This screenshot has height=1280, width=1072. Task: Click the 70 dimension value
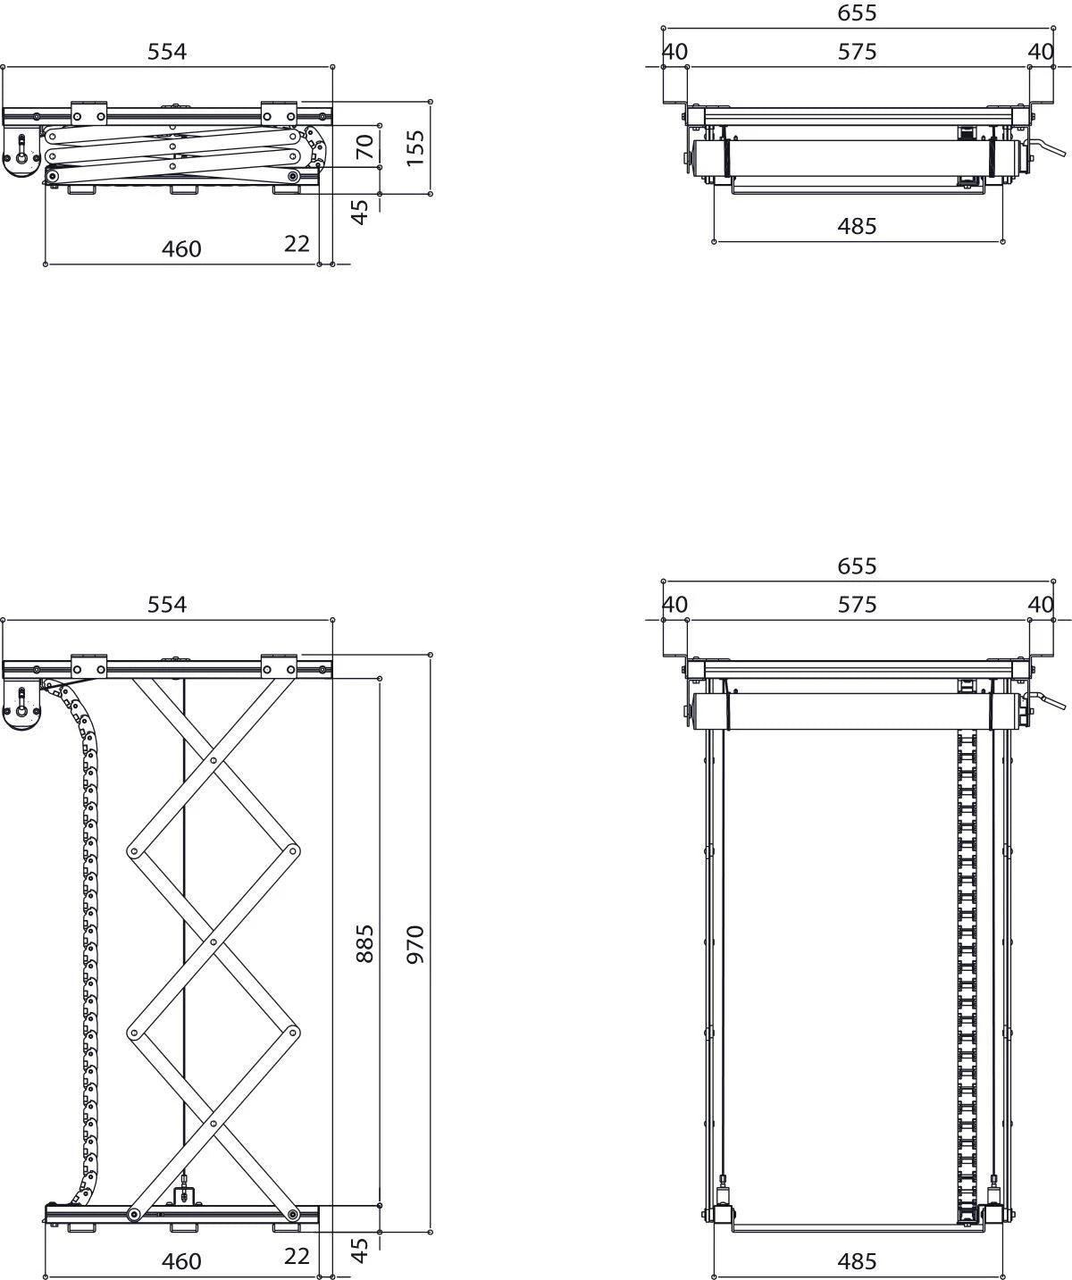point(364,146)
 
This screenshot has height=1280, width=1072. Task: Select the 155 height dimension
point(415,147)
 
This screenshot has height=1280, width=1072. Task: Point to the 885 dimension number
point(364,942)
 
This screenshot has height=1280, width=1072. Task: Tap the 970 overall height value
point(415,943)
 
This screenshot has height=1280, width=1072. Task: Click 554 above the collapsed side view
point(167,52)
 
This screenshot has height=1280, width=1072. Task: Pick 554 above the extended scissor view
point(167,605)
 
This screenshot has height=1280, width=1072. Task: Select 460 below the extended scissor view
point(181,1261)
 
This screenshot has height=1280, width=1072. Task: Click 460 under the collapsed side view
point(181,249)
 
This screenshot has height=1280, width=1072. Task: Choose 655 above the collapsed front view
point(857,13)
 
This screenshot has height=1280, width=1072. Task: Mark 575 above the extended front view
point(857,605)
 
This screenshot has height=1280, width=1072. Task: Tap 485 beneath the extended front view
point(857,1261)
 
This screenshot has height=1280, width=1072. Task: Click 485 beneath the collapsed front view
point(857,226)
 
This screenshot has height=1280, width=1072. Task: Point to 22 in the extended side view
point(297,1255)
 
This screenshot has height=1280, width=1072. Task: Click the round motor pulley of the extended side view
point(21,712)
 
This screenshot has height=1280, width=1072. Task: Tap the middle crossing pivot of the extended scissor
point(214,941)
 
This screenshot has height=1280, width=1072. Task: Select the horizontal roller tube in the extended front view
point(857,711)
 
